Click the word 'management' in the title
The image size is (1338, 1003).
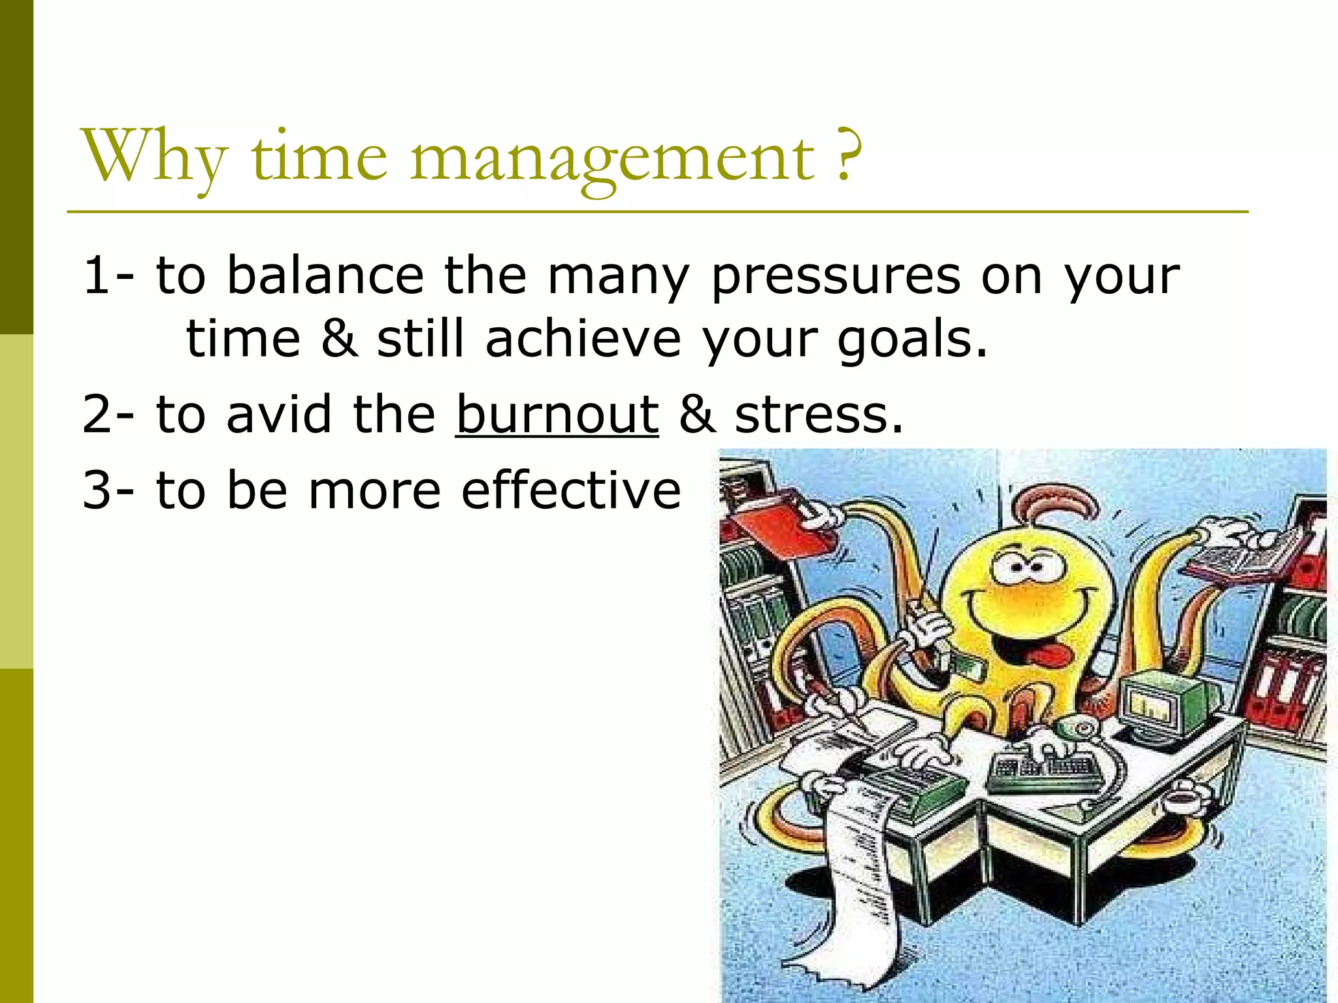pyautogui.click(x=612, y=157)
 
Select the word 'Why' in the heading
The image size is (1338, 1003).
pyautogui.click(x=154, y=157)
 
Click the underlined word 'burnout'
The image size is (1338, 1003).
pyautogui.click(x=557, y=414)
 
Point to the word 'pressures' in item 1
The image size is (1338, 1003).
pyautogui.click(x=836, y=276)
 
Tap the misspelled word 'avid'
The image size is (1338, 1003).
pyautogui.click(x=278, y=414)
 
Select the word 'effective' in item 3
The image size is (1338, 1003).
pyautogui.click(x=571, y=490)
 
